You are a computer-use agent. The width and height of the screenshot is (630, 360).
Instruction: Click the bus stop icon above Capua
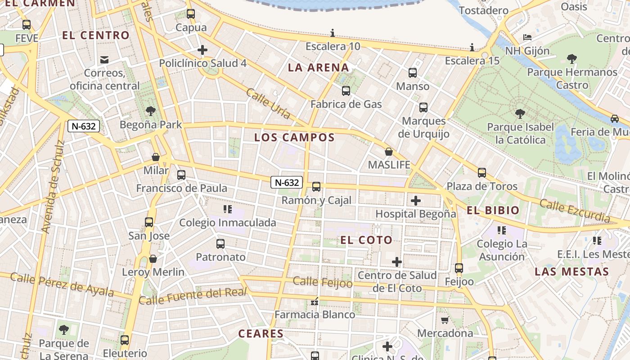coord(191,14)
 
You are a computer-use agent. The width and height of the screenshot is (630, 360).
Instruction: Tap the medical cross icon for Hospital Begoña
coord(416,200)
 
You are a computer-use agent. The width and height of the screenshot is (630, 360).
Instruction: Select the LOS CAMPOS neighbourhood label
coord(294,137)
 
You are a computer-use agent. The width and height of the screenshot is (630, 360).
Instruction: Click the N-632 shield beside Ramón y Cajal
coord(286,182)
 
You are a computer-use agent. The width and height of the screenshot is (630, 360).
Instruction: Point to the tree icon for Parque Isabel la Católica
coord(520,114)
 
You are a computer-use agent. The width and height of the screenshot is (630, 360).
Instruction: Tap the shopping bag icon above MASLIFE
coord(389,152)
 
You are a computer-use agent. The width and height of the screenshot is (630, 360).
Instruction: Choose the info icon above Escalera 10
coord(333,33)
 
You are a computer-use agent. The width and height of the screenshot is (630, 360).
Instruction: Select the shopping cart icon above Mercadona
coord(445,320)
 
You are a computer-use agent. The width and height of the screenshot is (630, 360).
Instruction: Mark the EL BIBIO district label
coord(493,210)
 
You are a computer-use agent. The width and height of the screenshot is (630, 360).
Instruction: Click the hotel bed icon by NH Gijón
coord(527,37)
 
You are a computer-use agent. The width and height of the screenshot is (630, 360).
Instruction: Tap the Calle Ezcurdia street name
coord(575,211)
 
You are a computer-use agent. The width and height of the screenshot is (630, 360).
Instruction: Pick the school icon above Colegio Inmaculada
coord(227,209)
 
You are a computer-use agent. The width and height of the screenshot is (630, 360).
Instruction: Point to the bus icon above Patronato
coord(220,244)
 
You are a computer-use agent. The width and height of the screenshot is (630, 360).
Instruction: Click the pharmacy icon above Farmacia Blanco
coord(315,301)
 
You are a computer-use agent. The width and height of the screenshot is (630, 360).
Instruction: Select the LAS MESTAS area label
coord(571,272)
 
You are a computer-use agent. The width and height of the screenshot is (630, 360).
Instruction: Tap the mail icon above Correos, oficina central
coord(105,59)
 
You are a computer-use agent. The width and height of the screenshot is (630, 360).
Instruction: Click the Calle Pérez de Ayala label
coord(62,284)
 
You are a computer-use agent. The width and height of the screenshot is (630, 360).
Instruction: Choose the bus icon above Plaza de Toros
coord(482,172)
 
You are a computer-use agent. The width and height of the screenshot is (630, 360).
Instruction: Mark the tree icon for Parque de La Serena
coord(64,330)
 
